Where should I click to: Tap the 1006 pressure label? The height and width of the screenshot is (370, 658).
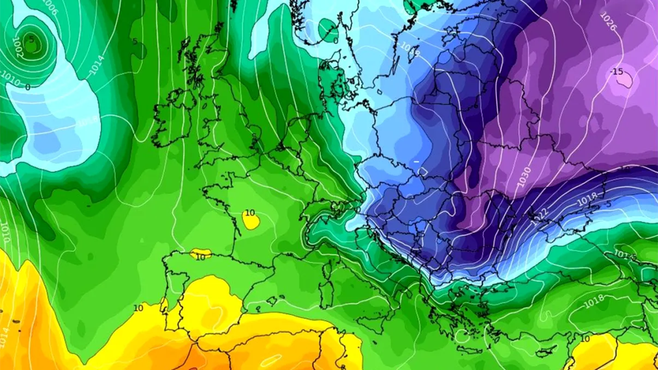coord(50,7)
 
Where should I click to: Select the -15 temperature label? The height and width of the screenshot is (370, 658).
coord(617,71)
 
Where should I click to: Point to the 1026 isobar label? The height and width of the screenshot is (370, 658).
coord(609,22)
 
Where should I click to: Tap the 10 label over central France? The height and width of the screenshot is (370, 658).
coord(250,212)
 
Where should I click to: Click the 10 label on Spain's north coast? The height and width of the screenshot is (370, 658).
coord(201,256)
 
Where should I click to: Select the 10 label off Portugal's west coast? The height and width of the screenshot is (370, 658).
coord(138,308)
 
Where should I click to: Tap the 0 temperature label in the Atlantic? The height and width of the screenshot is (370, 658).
coord(28,87)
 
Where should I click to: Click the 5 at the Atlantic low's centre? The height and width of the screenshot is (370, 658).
coord(31,40)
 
